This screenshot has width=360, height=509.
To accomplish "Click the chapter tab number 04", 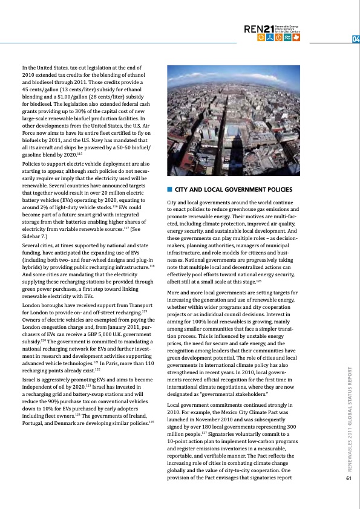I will pos(355,41).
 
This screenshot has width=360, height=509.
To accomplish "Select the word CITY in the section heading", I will pos(183,190).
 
